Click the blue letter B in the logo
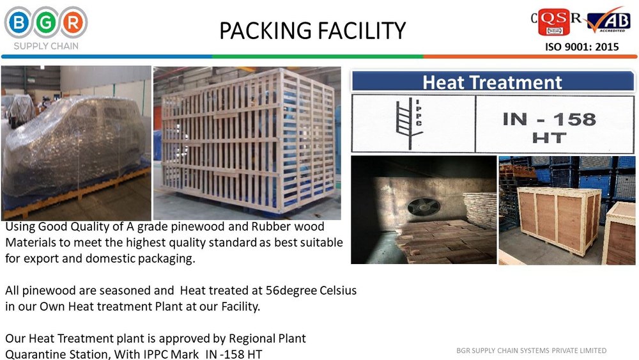[x=19, y=22]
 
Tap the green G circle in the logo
[x=46, y=22]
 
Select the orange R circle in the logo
[x=73, y=22]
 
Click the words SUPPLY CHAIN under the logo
[x=46, y=46]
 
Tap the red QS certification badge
[x=554, y=22]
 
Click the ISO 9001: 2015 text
[x=582, y=47]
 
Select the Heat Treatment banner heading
[x=492, y=82]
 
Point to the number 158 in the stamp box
[x=574, y=120]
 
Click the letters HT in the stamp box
[x=549, y=138]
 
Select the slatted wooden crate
[x=248, y=141]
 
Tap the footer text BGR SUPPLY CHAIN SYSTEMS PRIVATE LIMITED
[x=532, y=350]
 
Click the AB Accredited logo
[x=608, y=20]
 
